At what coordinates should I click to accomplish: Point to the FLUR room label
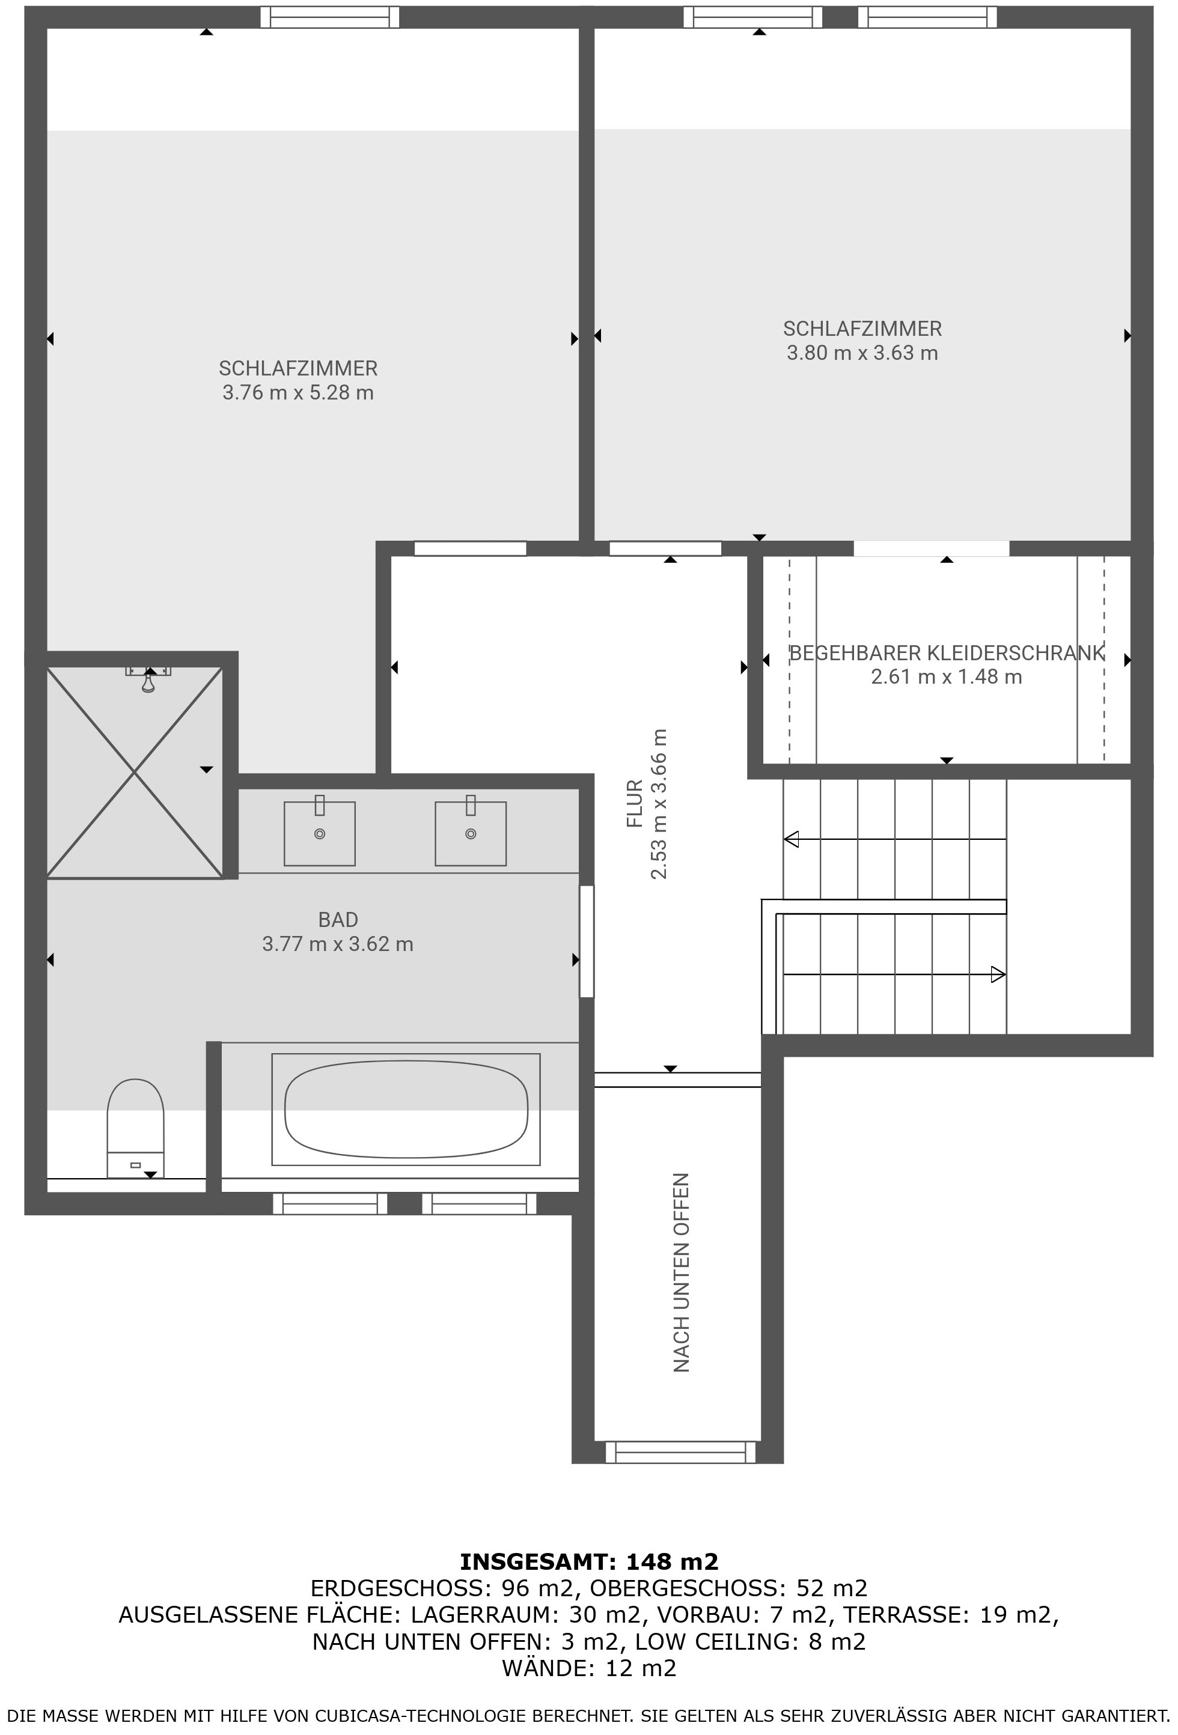point(634,803)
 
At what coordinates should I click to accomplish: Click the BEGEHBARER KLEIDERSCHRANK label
point(947,653)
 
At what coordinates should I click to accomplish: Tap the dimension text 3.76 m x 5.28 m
point(298,393)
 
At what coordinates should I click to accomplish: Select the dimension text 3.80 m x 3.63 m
point(862,353)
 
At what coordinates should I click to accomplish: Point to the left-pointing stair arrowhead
point(791,839)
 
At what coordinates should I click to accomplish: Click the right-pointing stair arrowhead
point(998,974)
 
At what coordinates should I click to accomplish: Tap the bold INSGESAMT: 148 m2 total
point(588,1562)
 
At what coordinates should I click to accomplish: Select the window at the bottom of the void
point(680,1452)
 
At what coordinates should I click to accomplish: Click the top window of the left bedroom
point(329,17)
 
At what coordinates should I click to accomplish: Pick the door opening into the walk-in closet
point(932,548)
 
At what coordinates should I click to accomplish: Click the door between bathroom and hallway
point(587,941)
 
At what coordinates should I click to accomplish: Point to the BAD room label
point(338,920)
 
